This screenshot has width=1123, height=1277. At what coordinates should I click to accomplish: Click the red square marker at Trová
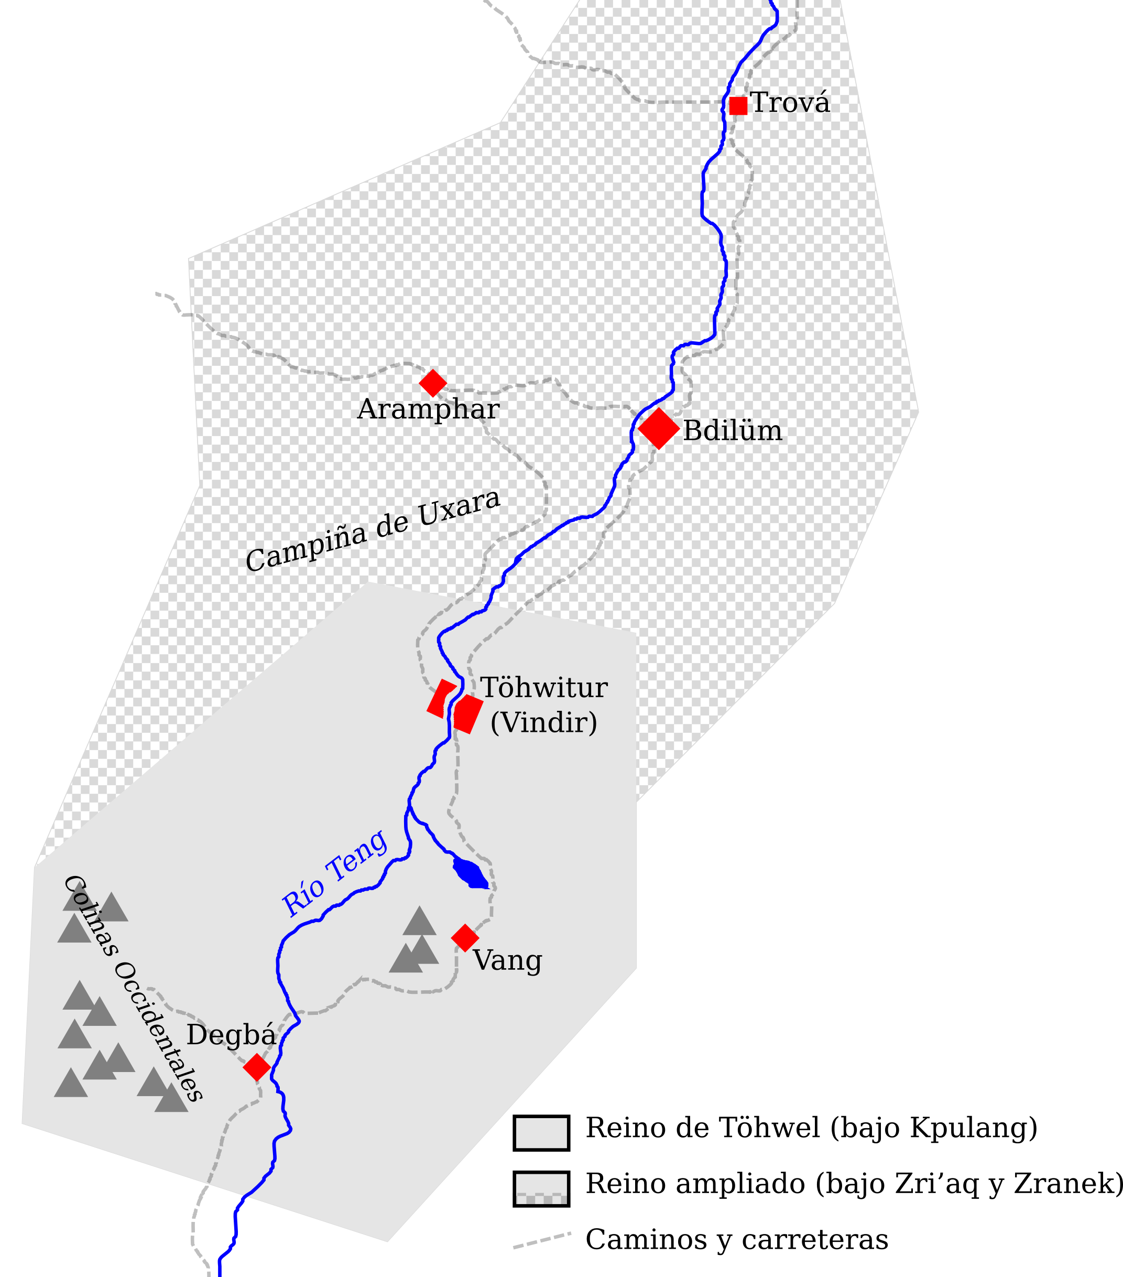pos(738,105)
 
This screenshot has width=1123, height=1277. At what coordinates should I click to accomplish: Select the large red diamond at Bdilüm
pos(658,429)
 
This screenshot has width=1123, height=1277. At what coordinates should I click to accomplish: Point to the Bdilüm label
pos(732,431)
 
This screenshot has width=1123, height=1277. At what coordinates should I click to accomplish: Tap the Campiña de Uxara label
pos(373,531)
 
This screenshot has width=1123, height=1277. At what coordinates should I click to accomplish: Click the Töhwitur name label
pos(544,688)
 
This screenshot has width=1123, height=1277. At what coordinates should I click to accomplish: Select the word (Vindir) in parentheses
pos(543,723)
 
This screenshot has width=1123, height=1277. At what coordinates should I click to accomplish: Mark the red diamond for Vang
pos(465,938)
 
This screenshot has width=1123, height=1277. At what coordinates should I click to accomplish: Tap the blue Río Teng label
pos(335,873)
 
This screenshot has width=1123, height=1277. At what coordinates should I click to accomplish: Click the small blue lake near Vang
pos(470,872)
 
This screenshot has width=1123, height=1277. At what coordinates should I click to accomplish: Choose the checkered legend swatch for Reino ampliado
pos(541,1188)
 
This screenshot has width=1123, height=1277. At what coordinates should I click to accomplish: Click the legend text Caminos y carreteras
pos(736,1239)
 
